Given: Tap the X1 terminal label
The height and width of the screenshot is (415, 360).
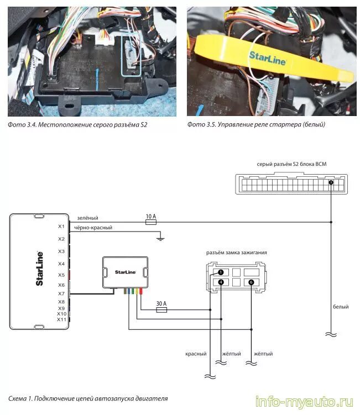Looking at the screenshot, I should coord(61,227).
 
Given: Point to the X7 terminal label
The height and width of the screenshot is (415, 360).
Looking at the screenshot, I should coord(61,293).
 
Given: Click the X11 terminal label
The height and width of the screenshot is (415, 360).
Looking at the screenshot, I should coord(61,319).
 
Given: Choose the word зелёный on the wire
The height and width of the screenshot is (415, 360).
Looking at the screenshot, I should coord(87,218).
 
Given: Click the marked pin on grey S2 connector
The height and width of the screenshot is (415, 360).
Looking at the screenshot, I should coord(331,182).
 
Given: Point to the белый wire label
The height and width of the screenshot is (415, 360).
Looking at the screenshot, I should coord(341,307).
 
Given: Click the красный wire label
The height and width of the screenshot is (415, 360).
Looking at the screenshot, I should coord(196,354).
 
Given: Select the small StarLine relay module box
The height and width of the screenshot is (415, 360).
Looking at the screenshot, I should coord(125,272).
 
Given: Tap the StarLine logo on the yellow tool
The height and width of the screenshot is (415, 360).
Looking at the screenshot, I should coord(268,56).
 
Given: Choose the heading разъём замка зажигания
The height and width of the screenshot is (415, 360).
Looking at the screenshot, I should coord(237,253).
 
